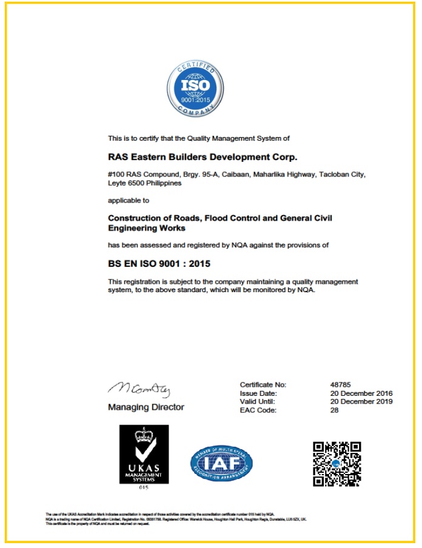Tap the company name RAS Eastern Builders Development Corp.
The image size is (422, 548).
tap(203, 157)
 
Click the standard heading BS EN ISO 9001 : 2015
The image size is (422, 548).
tap(159, 264)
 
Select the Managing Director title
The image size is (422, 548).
tap(146, 407)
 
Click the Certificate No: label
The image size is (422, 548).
tap(263, 384)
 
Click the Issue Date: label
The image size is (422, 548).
tap(258, 393)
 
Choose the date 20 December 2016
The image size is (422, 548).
tap(360, 393)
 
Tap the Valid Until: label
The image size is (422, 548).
tap(258, 401)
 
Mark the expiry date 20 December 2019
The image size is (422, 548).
tap(360, 401)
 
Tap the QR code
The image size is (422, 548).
tap(337, 463)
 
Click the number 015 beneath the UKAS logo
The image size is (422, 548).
tap(144, 487)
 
